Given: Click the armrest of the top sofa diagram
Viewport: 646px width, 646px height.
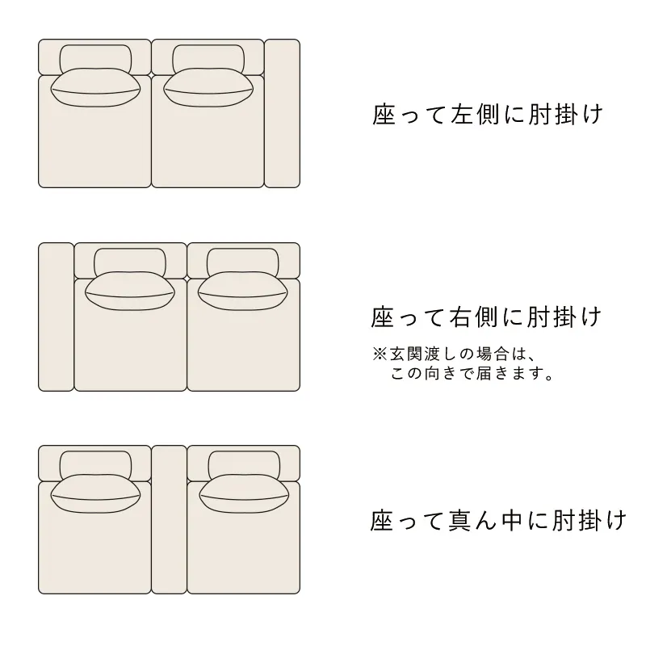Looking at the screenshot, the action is (x=282, y=113).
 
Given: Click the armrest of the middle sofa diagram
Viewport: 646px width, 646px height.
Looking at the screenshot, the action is (x=56, y=317).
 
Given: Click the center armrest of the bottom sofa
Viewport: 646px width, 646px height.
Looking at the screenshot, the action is (x=170, y=519).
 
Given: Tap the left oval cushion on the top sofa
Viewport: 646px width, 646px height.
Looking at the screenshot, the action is (x=95, y=87).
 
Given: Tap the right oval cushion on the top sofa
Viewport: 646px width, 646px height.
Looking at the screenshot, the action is (x=208, y=87).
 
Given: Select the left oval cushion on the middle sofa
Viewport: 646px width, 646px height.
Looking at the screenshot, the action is (x=130, y=291).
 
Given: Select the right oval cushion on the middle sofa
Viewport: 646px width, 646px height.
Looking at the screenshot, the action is (x=243, y=291).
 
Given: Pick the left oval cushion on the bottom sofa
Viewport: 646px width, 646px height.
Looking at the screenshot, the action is (x=95, y=493).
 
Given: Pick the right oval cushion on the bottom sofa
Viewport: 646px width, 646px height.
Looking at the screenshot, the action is (x=245, y=493).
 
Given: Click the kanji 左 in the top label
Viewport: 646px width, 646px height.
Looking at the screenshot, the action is (x=461, y=114).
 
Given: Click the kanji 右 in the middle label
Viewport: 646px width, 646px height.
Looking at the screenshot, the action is (x=460, y=317).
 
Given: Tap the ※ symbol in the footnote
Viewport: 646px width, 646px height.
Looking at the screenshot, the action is (x=380, y=354).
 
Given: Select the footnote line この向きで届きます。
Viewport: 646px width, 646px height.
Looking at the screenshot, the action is (x=472, y=373).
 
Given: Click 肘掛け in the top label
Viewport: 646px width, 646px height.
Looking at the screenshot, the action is (x=566, y=114).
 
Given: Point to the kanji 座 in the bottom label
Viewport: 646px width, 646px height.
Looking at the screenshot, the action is (x=382, y=520).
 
